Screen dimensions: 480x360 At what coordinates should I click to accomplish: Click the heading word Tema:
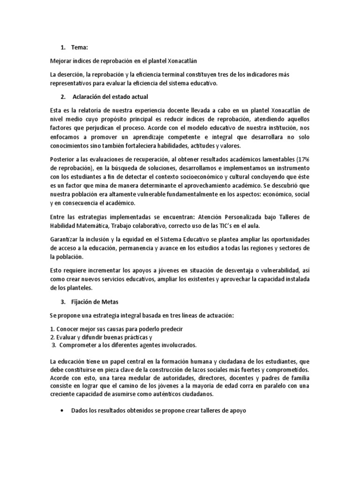coord(81,47)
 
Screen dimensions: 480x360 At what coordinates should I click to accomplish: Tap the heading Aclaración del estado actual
coord(110,97)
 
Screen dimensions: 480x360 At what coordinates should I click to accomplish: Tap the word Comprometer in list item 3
coord(79,345)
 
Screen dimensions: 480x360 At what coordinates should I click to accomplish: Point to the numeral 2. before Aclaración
coord(63,97)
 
